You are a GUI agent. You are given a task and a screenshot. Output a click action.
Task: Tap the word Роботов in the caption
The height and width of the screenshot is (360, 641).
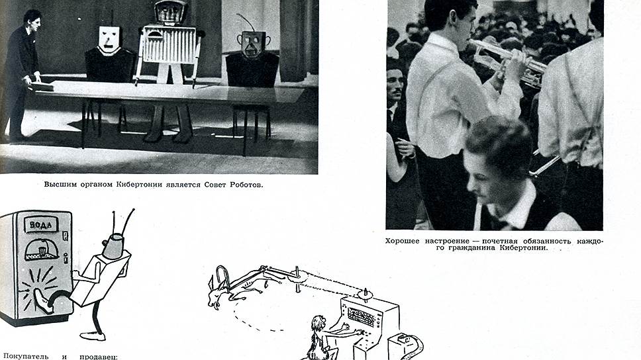tap(246, 185)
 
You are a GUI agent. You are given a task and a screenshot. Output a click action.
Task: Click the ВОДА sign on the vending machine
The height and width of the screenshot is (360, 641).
tap(41, 224)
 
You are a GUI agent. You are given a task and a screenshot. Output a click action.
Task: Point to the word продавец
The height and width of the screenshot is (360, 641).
tap(99, 357)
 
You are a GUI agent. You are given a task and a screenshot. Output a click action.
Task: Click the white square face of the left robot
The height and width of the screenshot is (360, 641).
tap(109, 40)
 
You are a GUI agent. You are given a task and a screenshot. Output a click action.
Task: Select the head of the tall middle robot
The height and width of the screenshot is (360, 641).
tap(170, 11)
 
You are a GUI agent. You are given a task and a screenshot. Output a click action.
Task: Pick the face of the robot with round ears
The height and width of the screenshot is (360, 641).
tap(252, 44)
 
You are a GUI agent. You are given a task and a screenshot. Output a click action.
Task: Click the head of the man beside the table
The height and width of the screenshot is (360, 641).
tap(32, 21)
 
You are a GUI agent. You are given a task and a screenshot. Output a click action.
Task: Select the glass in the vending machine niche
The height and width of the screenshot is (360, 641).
tap(41, 250)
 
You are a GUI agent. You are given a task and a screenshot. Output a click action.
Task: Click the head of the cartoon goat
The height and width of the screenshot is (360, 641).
tap(217, 295)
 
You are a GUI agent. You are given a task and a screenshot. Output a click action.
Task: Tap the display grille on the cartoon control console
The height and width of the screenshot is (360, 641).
tap(361, 317)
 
